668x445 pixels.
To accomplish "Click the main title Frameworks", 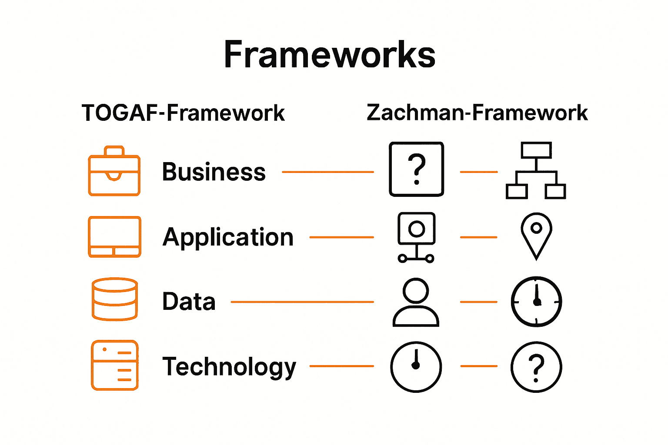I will click(x=329, y=55).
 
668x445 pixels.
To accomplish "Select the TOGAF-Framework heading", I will click(x=183, y=113).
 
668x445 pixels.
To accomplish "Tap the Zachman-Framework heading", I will click(x=477, y=113).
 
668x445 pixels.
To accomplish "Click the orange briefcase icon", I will click(x=114, y=171).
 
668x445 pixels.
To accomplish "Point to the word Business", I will click(x=214, y=172).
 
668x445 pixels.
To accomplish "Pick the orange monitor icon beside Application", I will click(x=114, y=237).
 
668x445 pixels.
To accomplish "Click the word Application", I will click(x=228, y=237).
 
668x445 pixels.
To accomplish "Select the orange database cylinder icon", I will click(x=115, y=299).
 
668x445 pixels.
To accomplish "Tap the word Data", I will click(x=189, y=301).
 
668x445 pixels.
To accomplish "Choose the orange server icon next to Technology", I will click(x=115, y=365).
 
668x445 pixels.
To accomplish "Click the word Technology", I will click(x=229, y=367).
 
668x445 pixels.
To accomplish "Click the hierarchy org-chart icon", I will click(x=536, y=170).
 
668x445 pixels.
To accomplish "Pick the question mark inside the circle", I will click(x=536, y=367).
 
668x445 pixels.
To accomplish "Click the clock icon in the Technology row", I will click(x=416, y=367).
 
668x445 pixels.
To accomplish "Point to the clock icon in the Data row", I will click(x=536, y=302).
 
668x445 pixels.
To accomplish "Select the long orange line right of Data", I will click(x=302, y=302).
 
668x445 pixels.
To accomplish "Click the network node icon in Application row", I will click(x=416, y=237).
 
